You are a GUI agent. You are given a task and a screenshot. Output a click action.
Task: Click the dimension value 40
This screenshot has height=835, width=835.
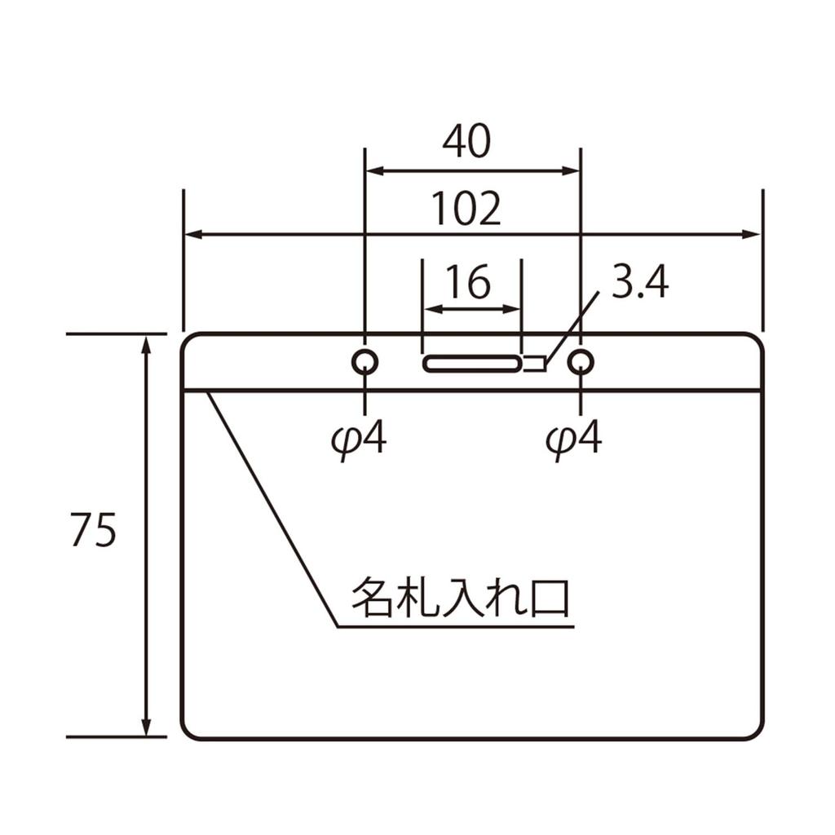click(466, 142)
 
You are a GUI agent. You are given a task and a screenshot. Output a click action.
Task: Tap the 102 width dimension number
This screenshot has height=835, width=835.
click(466, 208)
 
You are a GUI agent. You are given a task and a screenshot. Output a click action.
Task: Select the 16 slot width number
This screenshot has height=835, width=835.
click(468, 281)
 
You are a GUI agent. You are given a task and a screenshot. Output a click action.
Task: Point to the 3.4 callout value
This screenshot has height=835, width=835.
click(639, 282)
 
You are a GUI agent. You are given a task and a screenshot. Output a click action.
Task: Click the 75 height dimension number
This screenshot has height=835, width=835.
click(93, 530)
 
